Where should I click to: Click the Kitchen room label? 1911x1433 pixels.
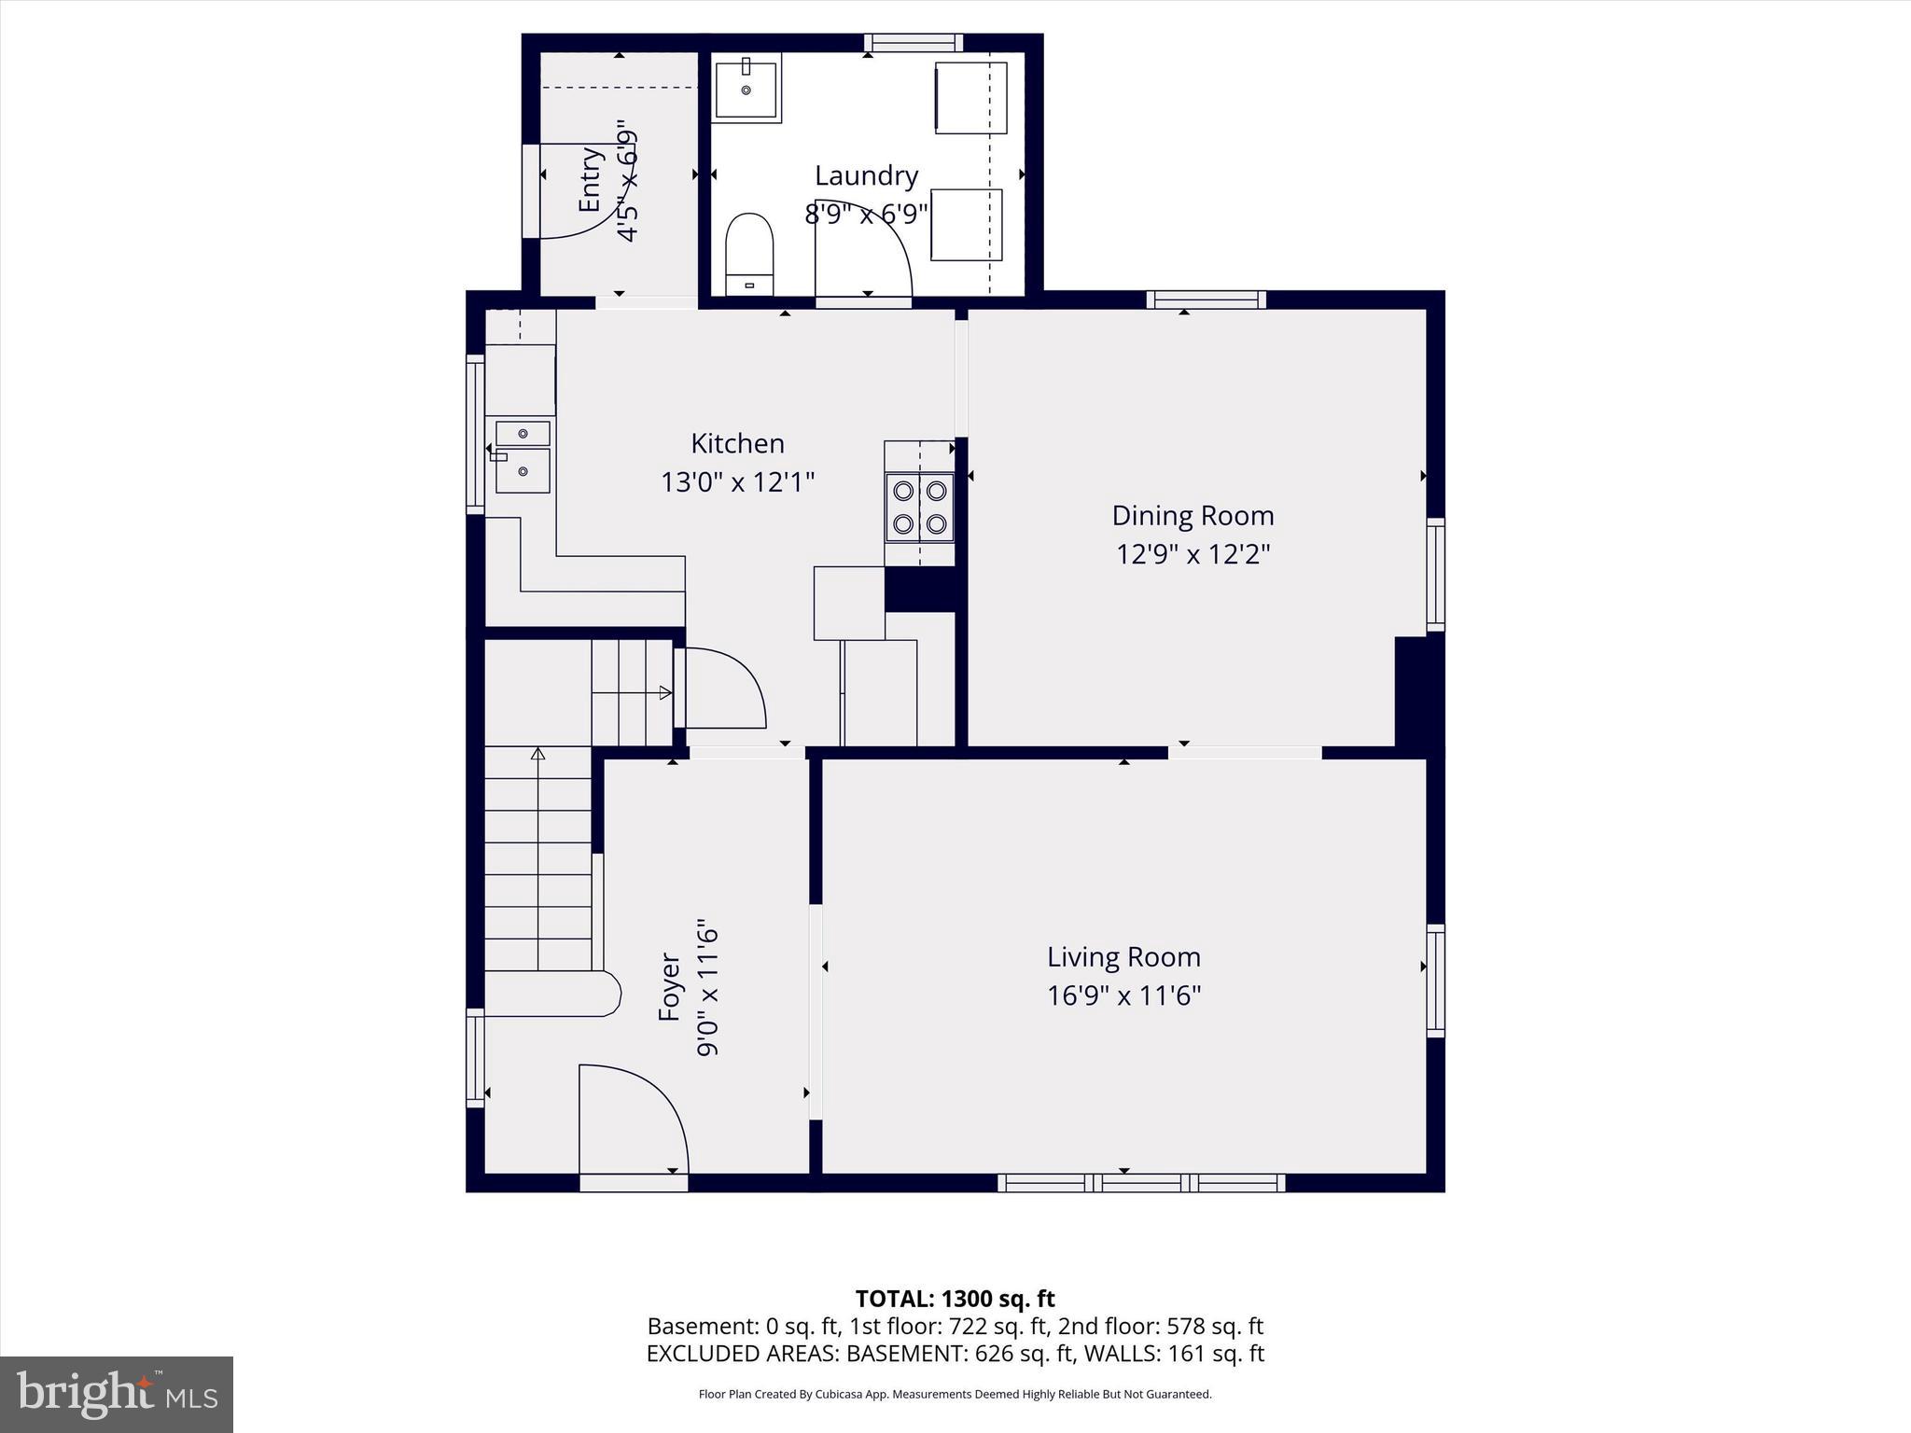tap(737, 443)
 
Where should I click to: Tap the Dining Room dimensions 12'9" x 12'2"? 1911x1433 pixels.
tap(1193, 555)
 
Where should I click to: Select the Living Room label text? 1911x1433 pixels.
tap(1123, 957)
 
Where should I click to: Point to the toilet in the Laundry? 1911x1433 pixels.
tap(750, 253)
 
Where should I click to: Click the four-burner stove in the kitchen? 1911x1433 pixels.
tap(920, 508)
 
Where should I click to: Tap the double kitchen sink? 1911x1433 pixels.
tap(523, 457)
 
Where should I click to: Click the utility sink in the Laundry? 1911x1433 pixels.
tap(746, 88)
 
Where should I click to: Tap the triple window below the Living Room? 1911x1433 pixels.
tap(1141, 1183)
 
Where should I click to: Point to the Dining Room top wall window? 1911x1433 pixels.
tap(1206, 299)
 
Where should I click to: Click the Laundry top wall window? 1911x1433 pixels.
tap(913, 43)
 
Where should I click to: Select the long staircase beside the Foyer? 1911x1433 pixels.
tap(537, 858)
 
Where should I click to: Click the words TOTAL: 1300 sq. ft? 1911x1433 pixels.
tap(955, 1299)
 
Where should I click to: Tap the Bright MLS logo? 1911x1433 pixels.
tap(117, 1394)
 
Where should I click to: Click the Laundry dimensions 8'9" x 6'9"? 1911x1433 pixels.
tap(866, 215)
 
